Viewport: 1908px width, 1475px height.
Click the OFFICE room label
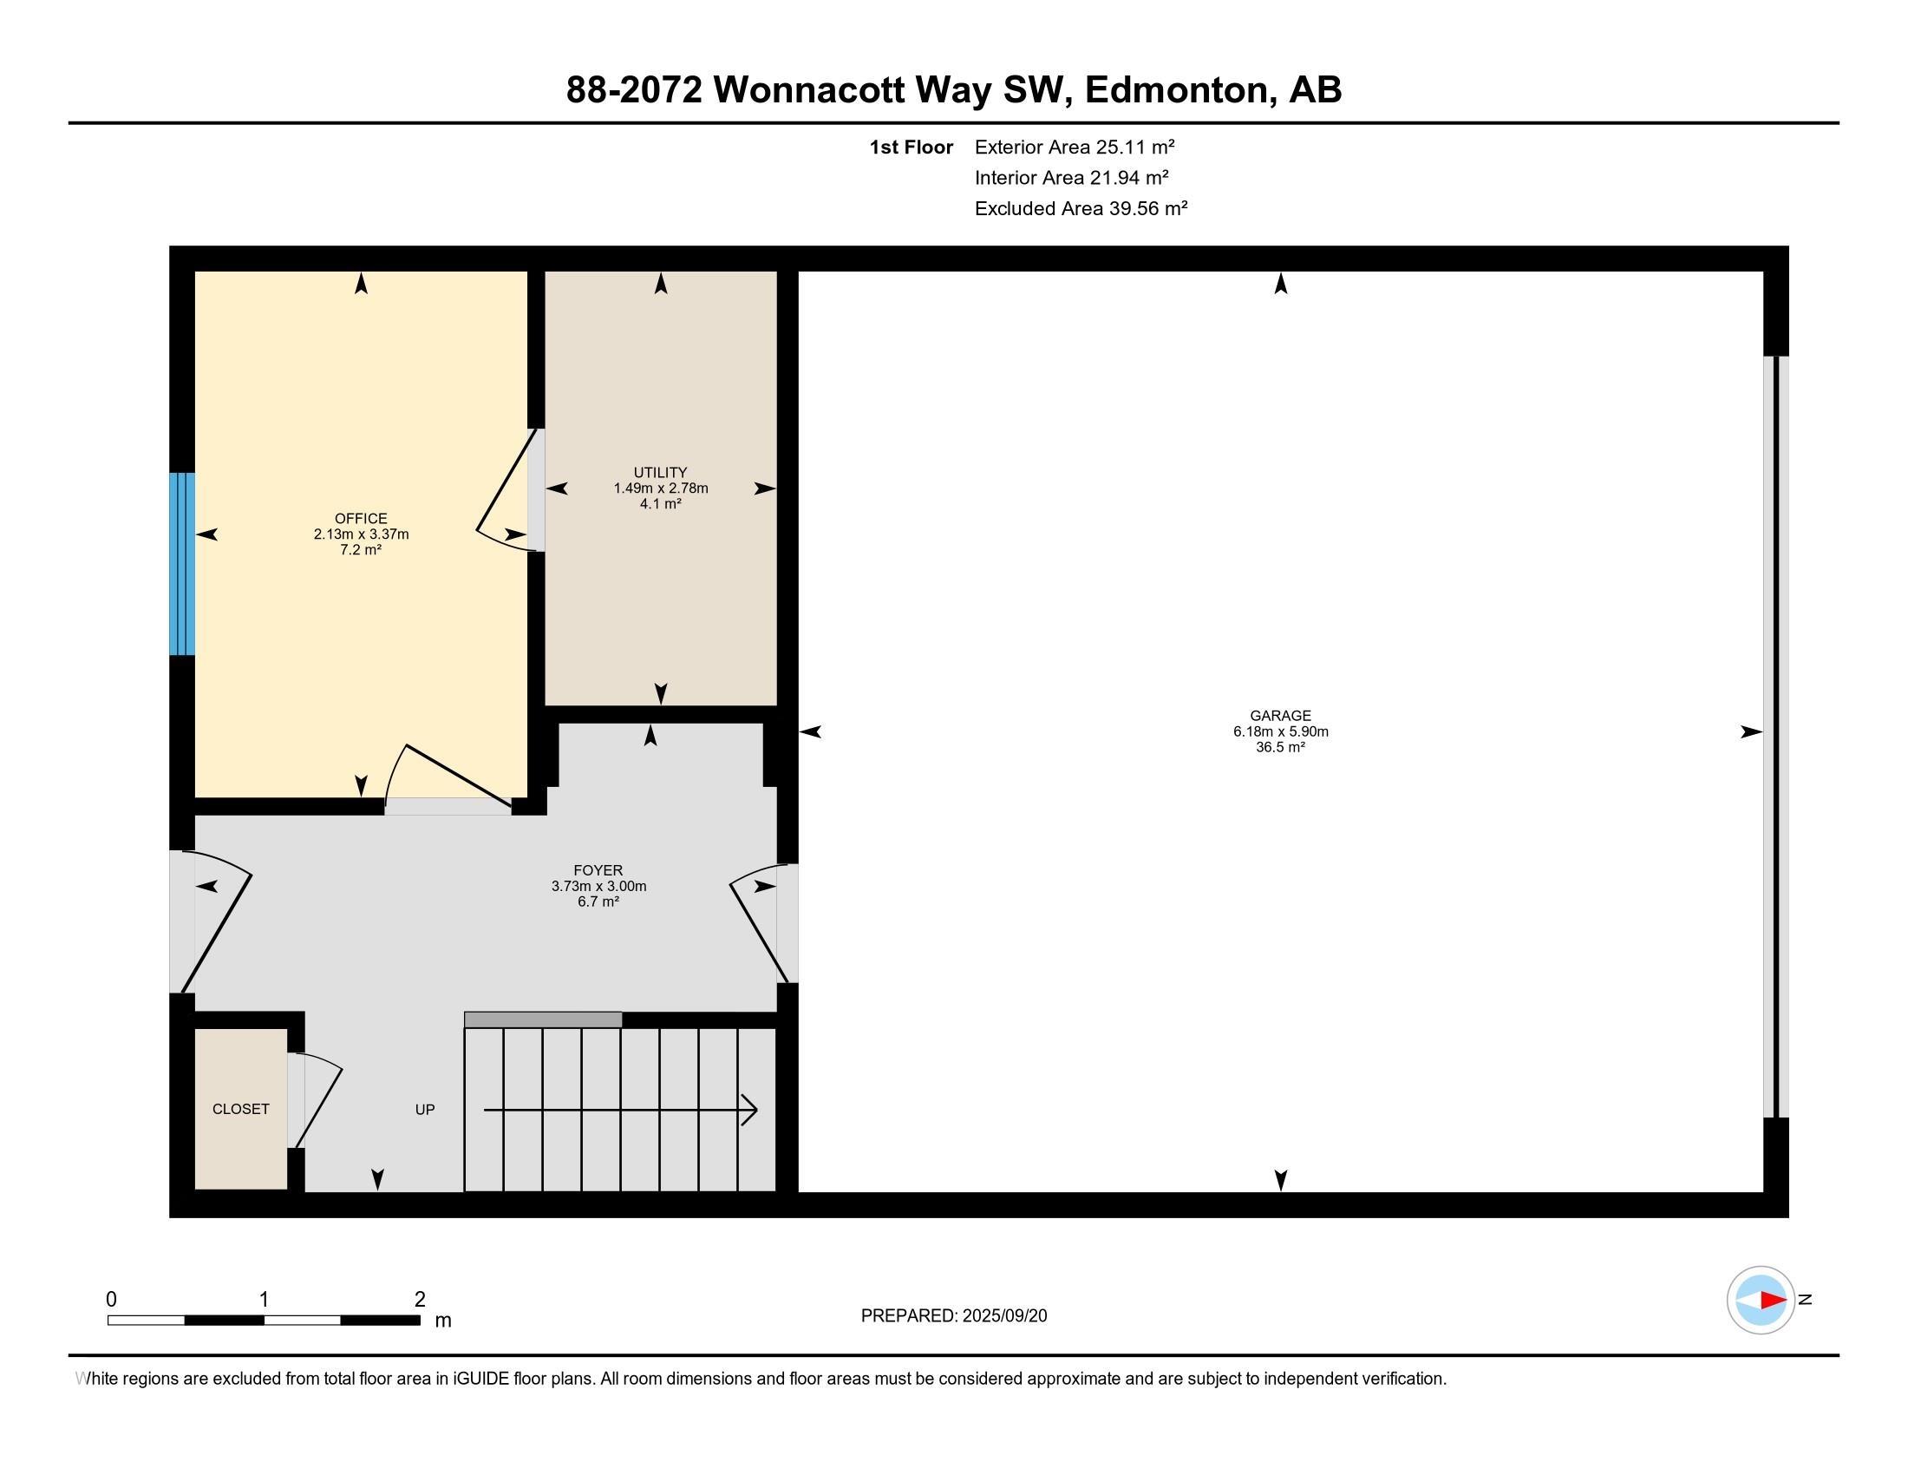[x=361, y=519]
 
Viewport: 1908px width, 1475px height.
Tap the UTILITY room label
[x=661, y=473]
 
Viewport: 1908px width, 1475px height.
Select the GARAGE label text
[x=1281, y=716]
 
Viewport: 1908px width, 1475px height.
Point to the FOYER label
[x=598, y=870]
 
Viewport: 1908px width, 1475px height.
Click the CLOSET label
[x=241, y=1109]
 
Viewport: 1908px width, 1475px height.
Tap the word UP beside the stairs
[x=425, y=1110]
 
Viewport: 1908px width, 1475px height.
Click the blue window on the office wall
[x=182, y=564]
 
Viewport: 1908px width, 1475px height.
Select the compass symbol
[x=1761, y=1301]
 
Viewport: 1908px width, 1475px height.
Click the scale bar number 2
[x=421, y=1299]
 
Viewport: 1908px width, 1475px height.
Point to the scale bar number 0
[x=112, y=1299]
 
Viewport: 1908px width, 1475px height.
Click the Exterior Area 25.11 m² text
[x=1075, y=147]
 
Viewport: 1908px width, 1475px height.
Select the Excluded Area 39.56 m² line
[x=1081, y=208]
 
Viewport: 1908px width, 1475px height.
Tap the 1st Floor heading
[x=912, y=147]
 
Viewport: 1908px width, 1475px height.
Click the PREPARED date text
[x=954, y=1316]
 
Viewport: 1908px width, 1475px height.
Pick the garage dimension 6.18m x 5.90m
[x=1281, y=731]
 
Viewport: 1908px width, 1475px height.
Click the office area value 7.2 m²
[x=361, y=549]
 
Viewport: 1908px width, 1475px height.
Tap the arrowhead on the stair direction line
[x=749, y=1110]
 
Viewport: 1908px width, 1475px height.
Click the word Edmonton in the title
[x=1177, y=89]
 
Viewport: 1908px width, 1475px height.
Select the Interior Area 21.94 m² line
[x=1072, y=177]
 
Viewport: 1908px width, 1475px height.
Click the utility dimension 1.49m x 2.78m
[x=661, y=488]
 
